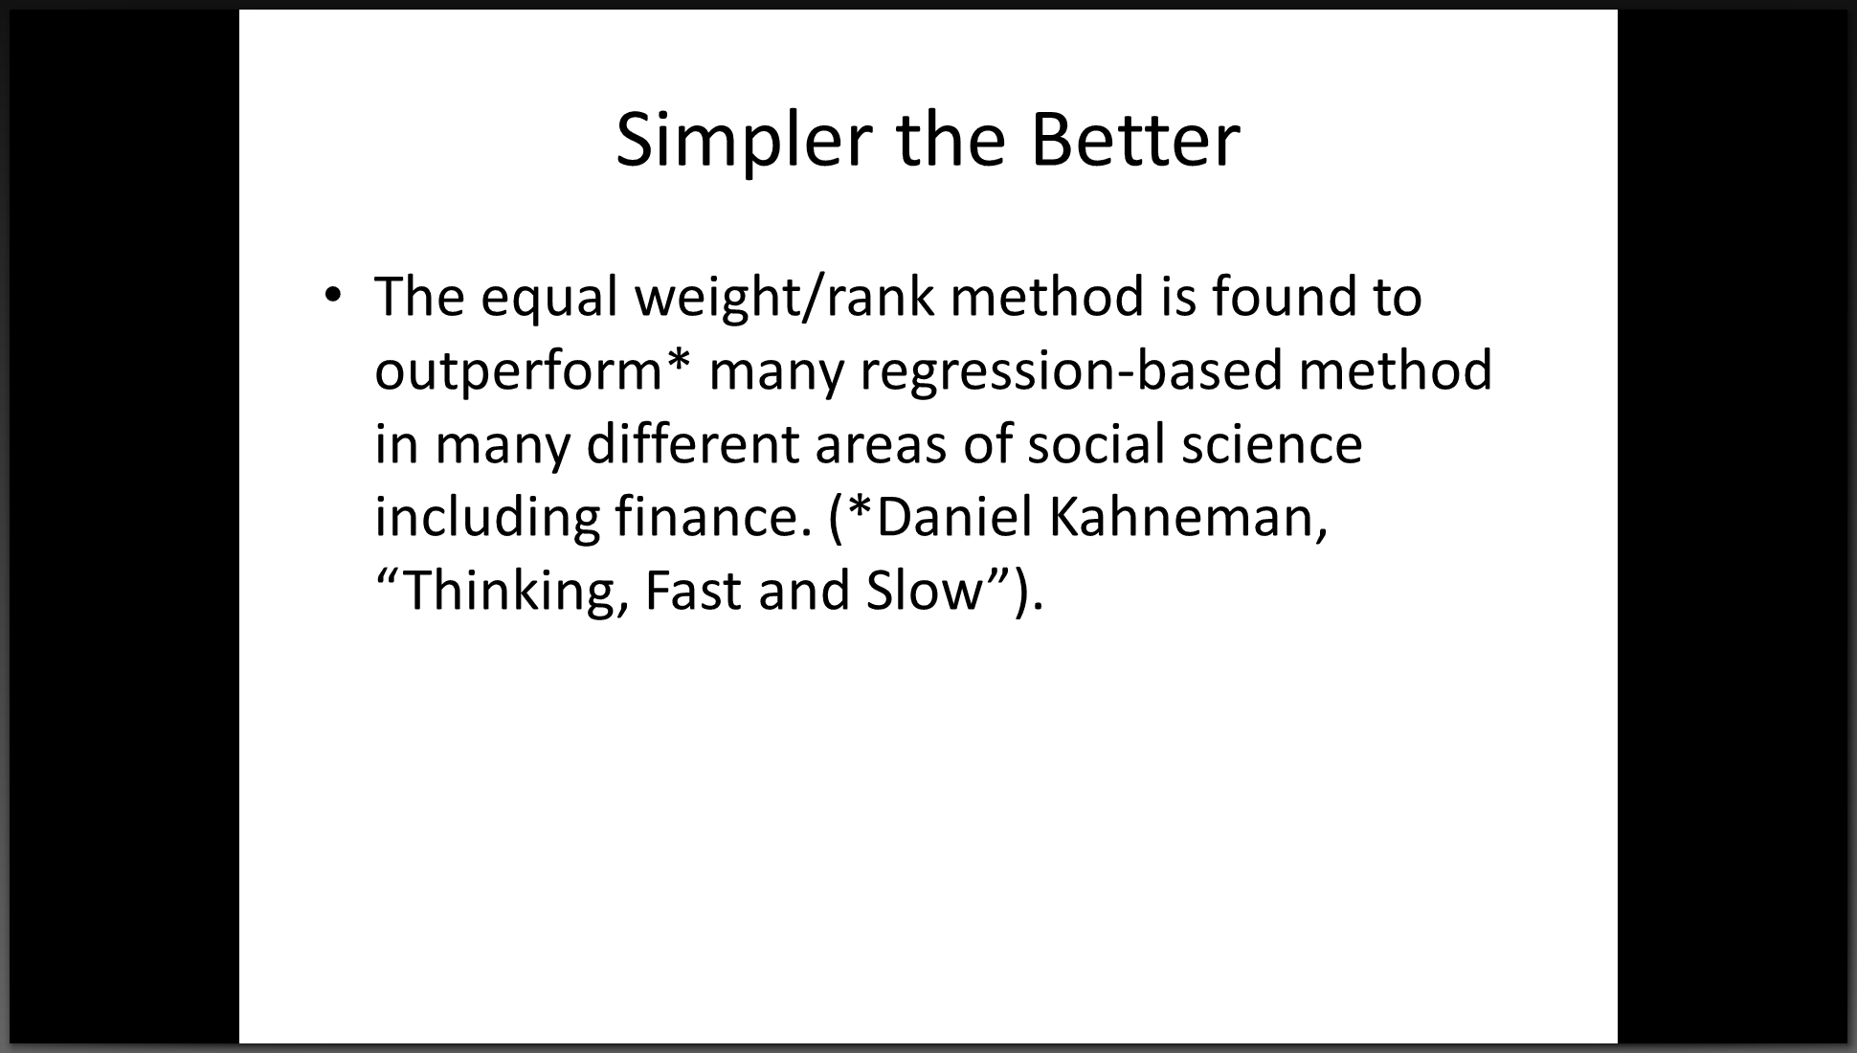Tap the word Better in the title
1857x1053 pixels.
pos(1135,140)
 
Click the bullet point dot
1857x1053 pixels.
pos(332,295)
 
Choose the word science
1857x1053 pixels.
pos(1272,445)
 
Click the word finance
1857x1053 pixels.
pos(713,517)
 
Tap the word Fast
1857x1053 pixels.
pos(694,591)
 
